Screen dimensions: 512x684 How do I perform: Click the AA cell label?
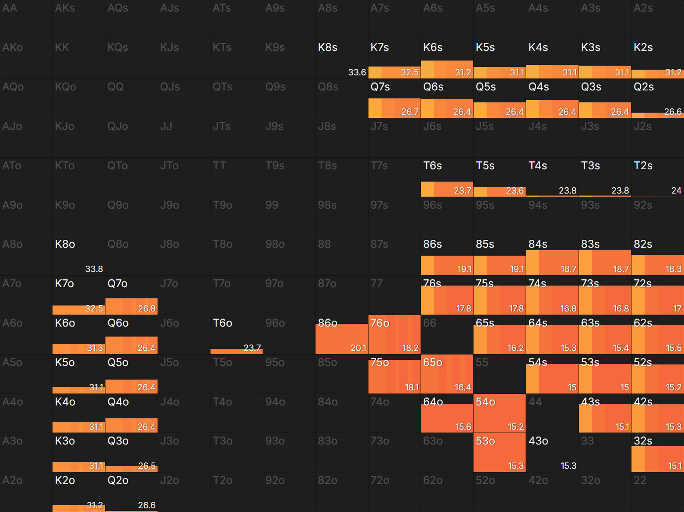[x=9, y=8]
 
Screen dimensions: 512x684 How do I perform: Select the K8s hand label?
[x=327, y=47]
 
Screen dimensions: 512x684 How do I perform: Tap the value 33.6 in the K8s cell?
[x=357, y=72]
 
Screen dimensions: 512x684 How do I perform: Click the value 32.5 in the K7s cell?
[x=409, y=72]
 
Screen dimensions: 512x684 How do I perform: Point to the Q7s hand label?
[x=380, y=87]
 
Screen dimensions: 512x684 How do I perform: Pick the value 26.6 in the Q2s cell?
[x=673, y=112]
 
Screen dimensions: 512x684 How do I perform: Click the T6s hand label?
[x=432, y=166]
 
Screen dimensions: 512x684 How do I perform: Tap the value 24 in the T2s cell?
[x=676, y=190]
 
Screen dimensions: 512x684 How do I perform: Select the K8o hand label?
[x=65, y=244]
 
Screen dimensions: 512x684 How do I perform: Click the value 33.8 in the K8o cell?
[x=94, y=269]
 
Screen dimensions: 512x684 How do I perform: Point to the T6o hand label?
[x=222, y=323]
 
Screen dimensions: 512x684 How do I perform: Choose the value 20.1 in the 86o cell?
[x=358, y=348]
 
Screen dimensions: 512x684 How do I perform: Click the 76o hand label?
[x=380, y=323]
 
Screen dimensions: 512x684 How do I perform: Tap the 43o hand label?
[x=538, y=441]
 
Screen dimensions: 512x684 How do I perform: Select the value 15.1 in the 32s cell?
[x=675, y=466]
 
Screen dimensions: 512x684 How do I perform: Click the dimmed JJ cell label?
[x=166, y=126]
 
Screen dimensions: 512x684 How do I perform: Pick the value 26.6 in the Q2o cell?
[x=147, y=505]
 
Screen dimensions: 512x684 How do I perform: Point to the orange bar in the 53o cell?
[x=499, y=455]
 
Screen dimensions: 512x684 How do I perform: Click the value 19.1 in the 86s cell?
[x=464, y=269]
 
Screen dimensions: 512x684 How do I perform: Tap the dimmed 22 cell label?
[x=640, y=480]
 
